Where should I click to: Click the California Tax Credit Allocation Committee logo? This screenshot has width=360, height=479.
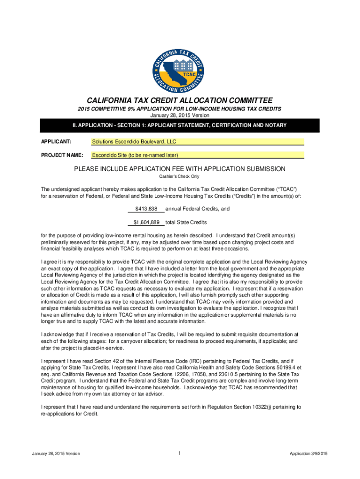[180, 67]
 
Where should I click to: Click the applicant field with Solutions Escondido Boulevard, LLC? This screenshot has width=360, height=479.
[197, 142]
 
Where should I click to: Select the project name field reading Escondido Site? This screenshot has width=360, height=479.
[197, 155]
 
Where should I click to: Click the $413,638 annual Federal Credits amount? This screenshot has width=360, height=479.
[146, 209]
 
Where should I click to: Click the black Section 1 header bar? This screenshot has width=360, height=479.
[180, 125]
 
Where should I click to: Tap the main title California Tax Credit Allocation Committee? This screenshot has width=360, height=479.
[180, 101]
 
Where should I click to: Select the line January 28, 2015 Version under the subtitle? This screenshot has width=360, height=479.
[180, 115]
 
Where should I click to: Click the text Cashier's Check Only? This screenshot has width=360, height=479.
[180, 176]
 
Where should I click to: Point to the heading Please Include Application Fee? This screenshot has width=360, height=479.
[180, 169]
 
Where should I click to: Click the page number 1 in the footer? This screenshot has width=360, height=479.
[180, 453]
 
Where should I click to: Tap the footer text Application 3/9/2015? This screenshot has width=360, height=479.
[309, 454]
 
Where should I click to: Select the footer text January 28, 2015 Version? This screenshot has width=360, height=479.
[56, 454]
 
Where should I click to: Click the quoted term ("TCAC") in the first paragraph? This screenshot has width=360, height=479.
[287, 189]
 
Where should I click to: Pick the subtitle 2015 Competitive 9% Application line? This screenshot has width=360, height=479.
[180, 109]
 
